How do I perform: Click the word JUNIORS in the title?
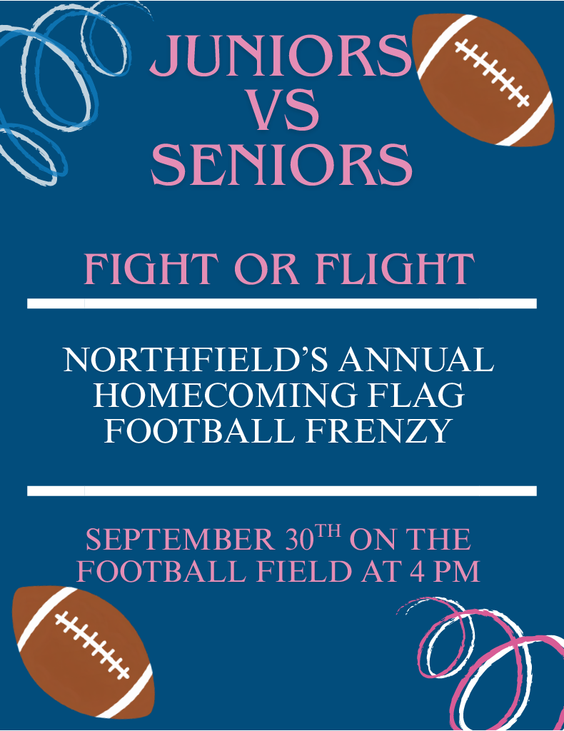281,56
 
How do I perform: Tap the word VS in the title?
284,110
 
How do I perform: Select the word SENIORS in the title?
281,164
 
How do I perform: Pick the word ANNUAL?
416,360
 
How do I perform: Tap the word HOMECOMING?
225,395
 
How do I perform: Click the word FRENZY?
379,430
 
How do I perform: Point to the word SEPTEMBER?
181,540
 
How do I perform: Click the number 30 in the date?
299,540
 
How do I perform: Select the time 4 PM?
445,571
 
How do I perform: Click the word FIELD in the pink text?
304,571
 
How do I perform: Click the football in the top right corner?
484,80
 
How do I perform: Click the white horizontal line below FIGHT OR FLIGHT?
282,303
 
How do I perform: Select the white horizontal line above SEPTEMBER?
282,491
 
